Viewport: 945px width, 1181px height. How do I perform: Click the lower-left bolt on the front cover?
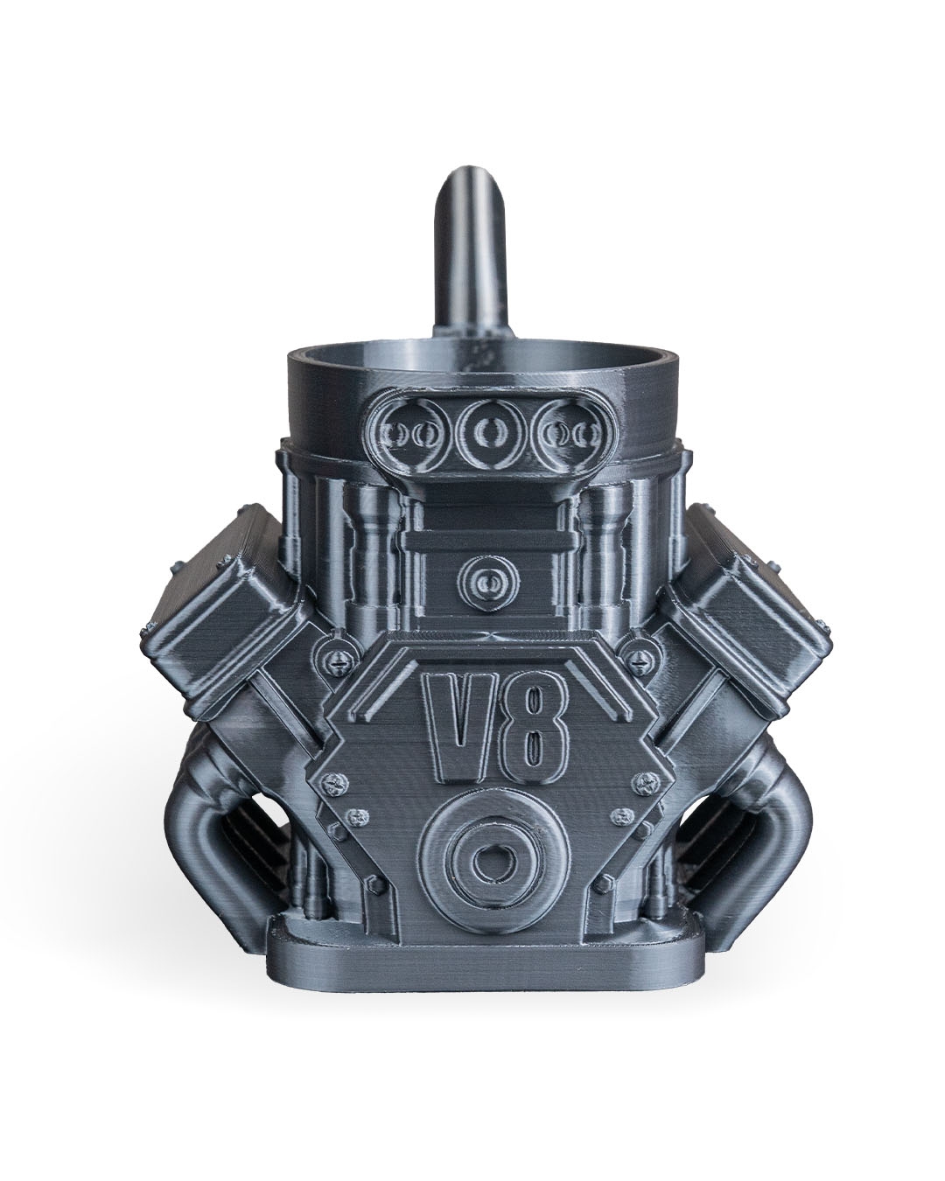click(358, 819)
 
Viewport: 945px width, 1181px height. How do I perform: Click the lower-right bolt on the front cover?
click(623, 817)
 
